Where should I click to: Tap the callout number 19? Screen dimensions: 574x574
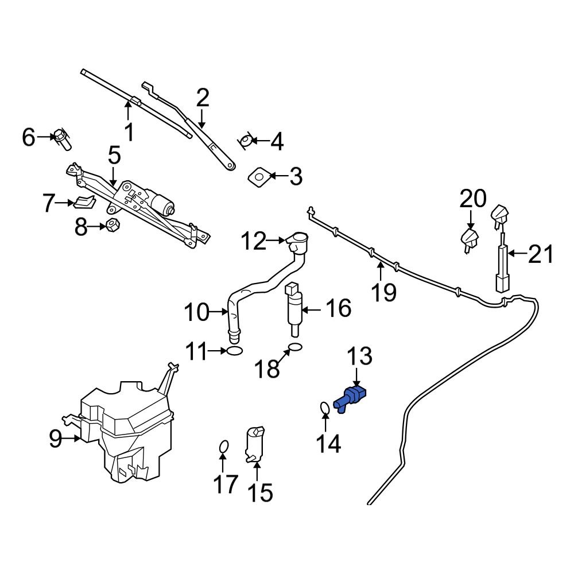383,292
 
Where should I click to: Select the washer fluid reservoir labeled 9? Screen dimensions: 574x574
126,430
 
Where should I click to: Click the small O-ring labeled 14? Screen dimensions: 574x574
324,408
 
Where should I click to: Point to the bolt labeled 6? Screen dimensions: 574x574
63,138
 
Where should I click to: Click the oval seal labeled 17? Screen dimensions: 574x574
224,447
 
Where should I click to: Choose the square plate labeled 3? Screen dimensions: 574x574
259,176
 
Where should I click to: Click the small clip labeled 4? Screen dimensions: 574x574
246,140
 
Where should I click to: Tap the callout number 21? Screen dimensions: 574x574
541,253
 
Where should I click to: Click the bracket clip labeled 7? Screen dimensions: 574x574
84,202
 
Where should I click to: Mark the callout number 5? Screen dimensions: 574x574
114,156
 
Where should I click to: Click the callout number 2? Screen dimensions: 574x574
202,99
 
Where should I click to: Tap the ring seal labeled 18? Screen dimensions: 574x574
294,347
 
